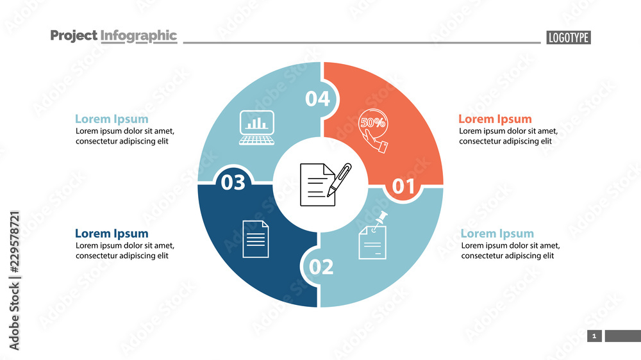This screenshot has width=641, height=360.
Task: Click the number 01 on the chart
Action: tap(403, 186)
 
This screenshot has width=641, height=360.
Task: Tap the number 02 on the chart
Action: tap(321, 266)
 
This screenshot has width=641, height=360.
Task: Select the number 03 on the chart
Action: tap(233, 183)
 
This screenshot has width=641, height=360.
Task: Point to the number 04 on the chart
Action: tap(317, 99)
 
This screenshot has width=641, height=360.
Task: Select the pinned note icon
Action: tap(374, 236)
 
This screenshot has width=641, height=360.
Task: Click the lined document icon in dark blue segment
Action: tap(256, 239)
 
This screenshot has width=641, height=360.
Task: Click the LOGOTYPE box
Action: tap(568, 37)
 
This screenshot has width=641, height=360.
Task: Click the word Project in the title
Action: tap(74, 36)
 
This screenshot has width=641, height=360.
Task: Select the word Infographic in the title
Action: tap(138, 36)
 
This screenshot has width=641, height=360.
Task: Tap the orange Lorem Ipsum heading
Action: tap(495, 119)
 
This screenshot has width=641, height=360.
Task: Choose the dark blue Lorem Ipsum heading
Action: tap(112, 234)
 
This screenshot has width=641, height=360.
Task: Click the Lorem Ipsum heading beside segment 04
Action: tap(112, 119)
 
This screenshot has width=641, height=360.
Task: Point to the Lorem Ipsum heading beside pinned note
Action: tap(497, 234)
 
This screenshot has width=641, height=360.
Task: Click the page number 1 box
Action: tap(594, 336)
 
